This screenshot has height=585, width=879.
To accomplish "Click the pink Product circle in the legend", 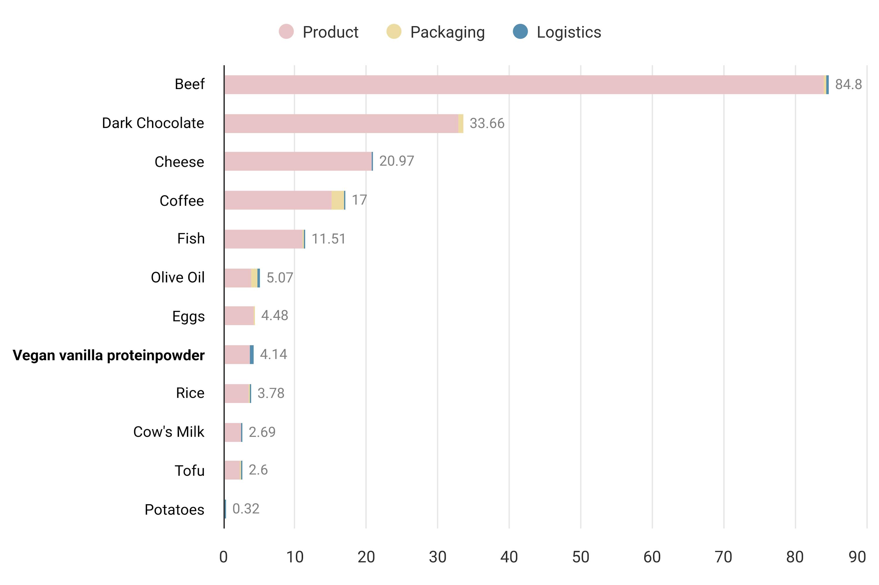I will [286, 31].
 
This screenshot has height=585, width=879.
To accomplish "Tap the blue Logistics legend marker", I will [520, 31].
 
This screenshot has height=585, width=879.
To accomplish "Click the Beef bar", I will [522, 85].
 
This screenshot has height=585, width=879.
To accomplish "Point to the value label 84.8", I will [848, 85].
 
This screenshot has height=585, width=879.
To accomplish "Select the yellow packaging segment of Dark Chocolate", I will [461, 124].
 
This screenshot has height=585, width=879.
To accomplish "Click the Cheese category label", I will [179, 162].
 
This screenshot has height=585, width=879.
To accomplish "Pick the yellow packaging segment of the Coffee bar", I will [337, 200].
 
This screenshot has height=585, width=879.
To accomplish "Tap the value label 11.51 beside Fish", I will [328, 239].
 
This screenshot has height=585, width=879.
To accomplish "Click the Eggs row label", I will [188, 316].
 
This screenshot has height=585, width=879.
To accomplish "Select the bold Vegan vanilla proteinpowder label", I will [109, 355].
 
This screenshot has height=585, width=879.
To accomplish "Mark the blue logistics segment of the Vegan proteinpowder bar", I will [252, 354].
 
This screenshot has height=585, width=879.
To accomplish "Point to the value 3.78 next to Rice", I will [271, 393].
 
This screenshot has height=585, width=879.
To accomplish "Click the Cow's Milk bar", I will [233, 432].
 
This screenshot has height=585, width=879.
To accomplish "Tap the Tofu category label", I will [190, 471].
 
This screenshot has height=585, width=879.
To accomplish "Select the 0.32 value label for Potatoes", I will [246, 509].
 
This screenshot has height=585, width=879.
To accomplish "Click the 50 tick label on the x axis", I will [580, 557].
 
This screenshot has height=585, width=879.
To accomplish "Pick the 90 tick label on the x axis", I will [857, 557].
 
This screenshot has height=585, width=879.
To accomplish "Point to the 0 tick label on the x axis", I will [224, 557].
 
